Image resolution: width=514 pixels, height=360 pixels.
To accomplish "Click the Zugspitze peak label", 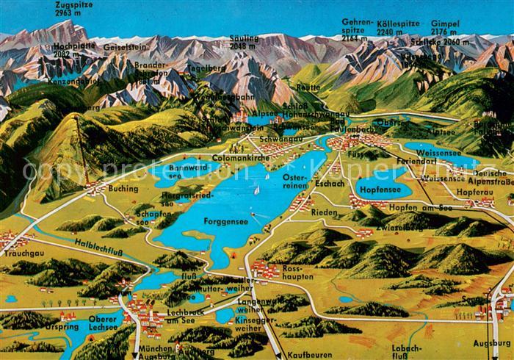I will click(x=73, y=9).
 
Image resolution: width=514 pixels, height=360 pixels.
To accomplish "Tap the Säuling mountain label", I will click(x=244, y=42).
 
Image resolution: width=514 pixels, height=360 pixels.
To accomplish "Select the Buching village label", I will click(x=123, y=189).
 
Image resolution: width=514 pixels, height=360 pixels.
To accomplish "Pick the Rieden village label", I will click(x=324, y=212).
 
